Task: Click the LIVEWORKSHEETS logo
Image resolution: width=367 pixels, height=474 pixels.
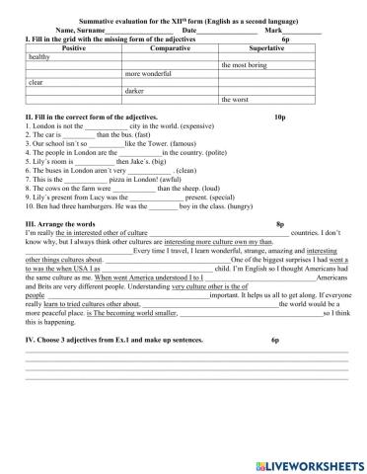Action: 310,463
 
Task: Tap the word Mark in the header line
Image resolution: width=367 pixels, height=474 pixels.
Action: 273,30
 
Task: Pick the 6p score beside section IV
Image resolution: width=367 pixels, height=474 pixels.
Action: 276,339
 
